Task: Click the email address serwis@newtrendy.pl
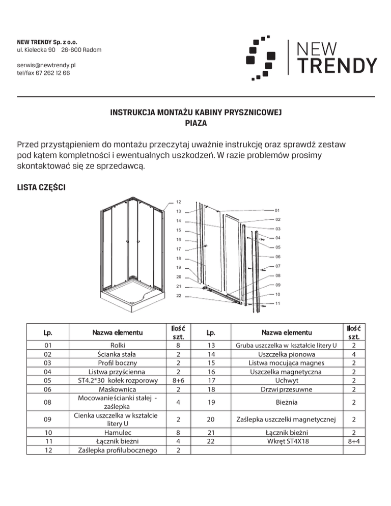46,66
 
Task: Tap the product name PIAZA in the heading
195,123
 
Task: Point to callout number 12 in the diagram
178,202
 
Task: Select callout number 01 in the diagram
277,210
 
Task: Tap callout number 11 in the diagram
277,303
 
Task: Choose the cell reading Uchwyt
284,381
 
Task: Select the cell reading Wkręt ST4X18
284,440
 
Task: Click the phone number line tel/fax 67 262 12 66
44,73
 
